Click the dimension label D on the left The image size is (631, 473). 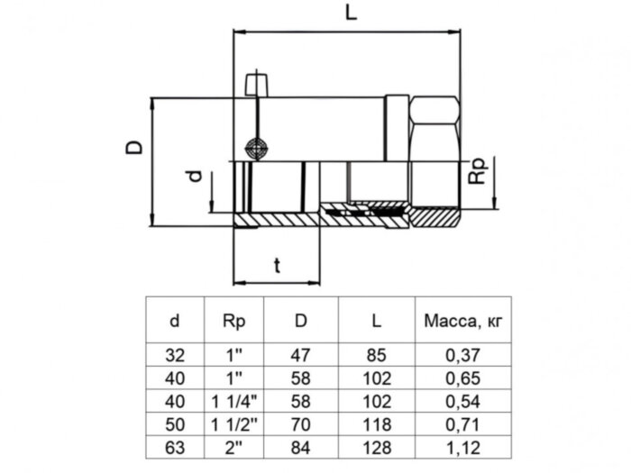click(x=133, y=147)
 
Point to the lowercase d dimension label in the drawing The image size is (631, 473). click(x=193, y=177)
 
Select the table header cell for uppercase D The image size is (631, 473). click(x=300, y=320)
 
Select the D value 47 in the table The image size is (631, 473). click(x=300, y=355)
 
